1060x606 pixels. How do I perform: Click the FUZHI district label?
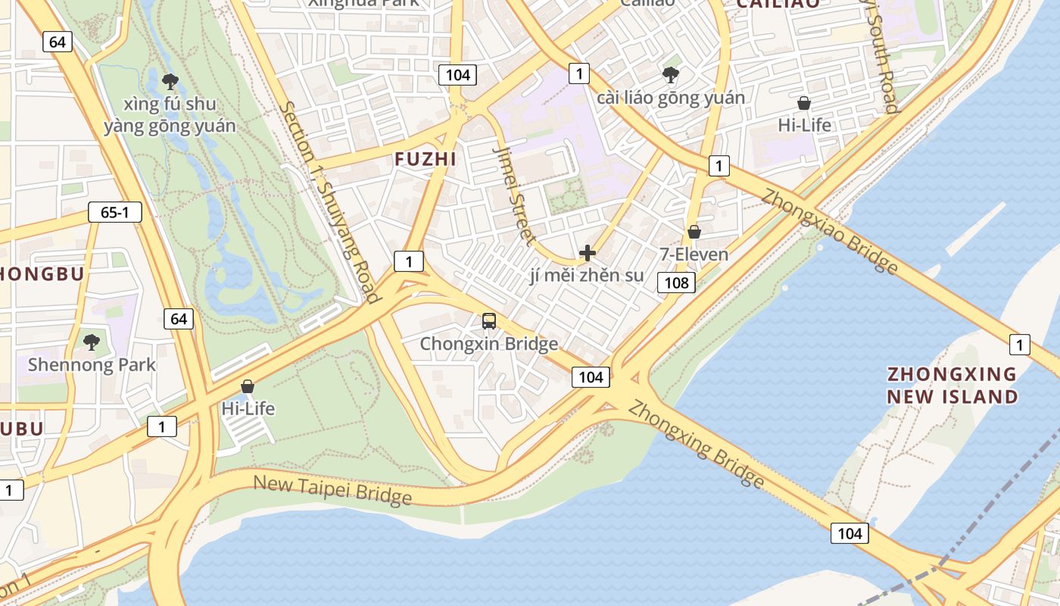click(425, 159)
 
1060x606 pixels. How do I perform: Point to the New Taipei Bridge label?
click(332, 489)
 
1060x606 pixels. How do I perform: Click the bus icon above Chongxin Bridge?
click(489, 320)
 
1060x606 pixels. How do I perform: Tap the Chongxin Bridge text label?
click(489, 344)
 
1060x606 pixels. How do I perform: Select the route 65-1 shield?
click(114, 212)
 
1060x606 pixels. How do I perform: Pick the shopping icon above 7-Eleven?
click(694, 232)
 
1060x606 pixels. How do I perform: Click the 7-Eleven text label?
click(694, 255)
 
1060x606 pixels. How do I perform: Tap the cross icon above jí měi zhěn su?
click(587, 253)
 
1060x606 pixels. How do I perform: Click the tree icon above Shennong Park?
click(92, 342)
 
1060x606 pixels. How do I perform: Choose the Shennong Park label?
click(92, 365)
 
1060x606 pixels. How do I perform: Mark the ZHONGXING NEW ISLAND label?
click(952, 386)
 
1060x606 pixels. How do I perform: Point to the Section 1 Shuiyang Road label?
click(329, 201)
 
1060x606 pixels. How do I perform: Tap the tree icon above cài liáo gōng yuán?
click(670, 74)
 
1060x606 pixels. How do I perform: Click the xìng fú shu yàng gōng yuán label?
click(170, 115)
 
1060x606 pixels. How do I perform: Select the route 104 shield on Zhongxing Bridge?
click(849, 533)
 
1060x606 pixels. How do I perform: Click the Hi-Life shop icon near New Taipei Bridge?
click(248, 386)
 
